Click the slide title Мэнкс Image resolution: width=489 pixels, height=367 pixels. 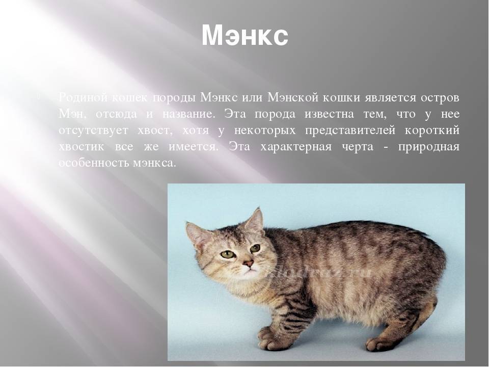tap(245, 36)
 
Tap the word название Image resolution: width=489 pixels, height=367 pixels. tap(188, 114)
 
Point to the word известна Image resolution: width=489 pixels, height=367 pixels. tap(330, 114)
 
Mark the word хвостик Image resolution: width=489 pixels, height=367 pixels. tap(81, 147)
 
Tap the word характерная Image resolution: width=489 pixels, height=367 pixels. tap(296, 147)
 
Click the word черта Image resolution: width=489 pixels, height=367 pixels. tap(358, 147)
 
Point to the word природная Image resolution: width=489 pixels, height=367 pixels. tap(429, 147)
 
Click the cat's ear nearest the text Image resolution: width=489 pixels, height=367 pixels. tap(255, 220)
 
